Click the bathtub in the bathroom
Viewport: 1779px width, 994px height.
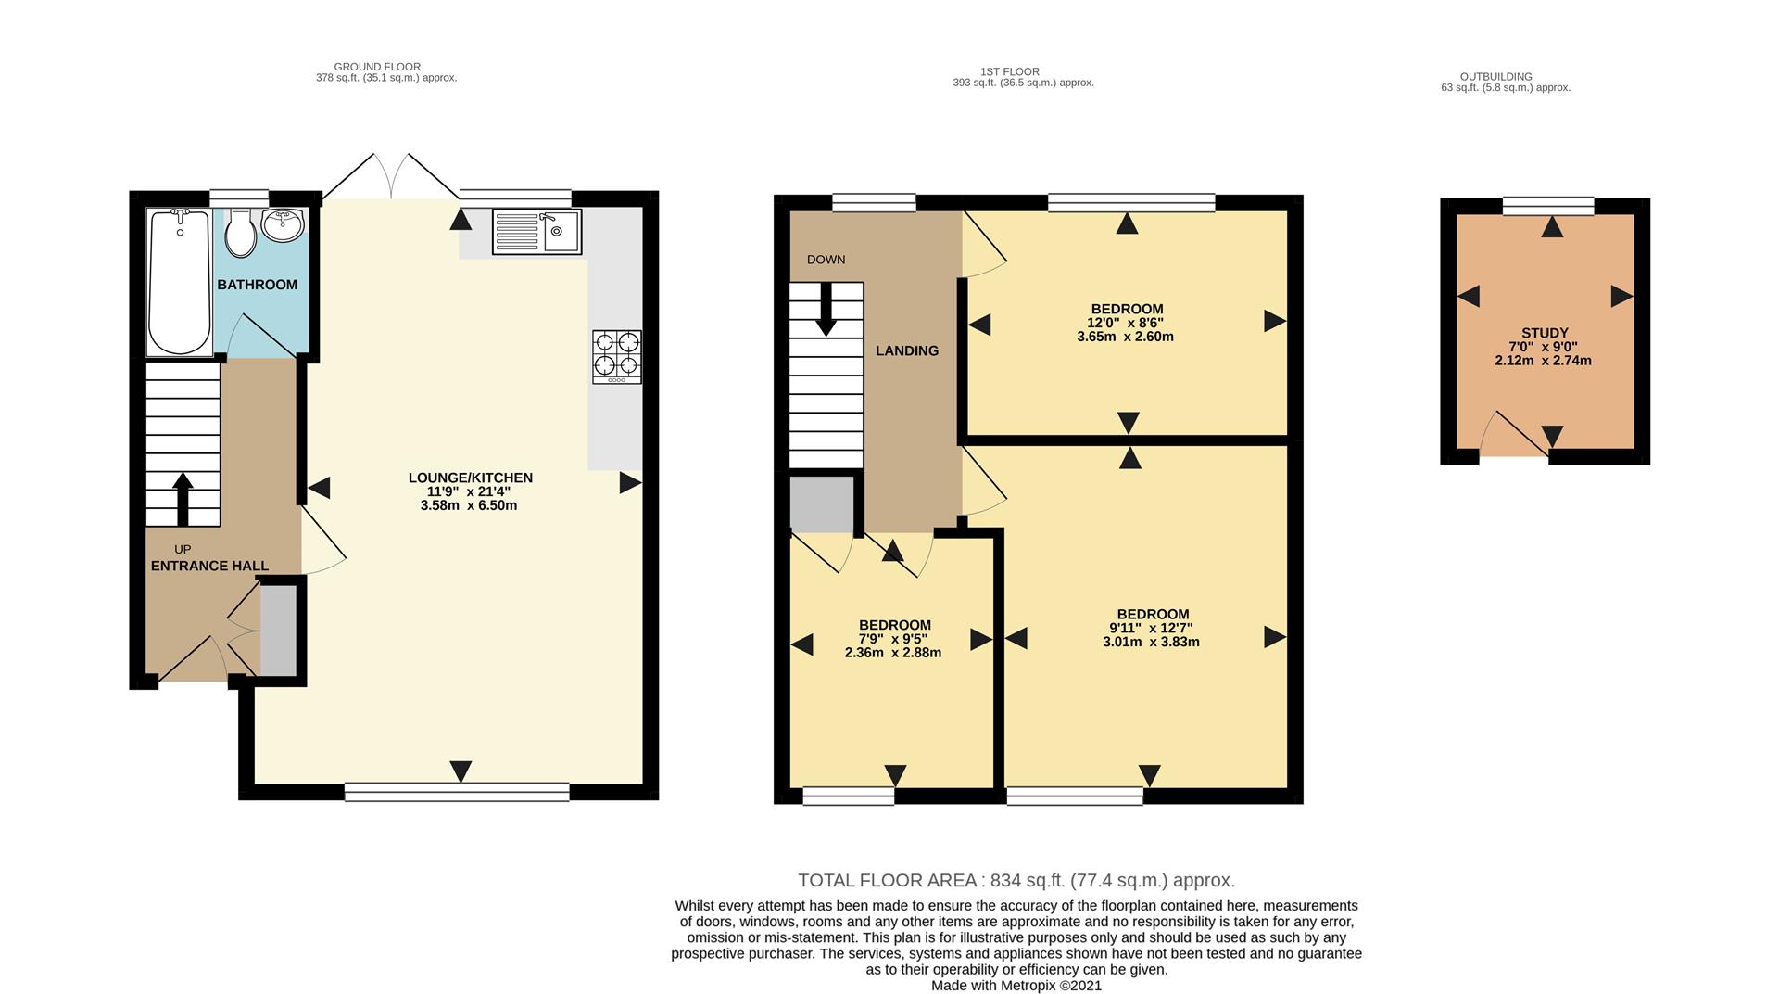click(180, 282)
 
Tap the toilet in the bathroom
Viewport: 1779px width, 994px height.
click(241, 233)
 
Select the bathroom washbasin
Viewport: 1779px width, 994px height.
click(283, 223)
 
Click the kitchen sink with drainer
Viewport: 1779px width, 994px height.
click(536, 232)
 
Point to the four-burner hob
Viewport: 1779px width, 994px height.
click(617, 357)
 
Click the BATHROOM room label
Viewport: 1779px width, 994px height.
click(258, 285)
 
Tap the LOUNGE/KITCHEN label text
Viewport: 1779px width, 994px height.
click(471, 478)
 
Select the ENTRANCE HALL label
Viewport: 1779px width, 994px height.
click(209, 566)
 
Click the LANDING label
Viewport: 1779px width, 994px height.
click(907, 350)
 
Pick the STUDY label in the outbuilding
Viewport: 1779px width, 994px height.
click(1546, 333)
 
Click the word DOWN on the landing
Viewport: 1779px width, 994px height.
click(826, 260)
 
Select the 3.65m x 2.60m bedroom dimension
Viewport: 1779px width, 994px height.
click(1126, 337)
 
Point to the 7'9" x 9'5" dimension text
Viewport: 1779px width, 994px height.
click(893, 639)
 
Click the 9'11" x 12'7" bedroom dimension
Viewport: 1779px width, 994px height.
click(1152, 628)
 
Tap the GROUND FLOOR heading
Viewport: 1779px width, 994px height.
click(377, 67)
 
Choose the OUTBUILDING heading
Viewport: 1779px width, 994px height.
click(1496, 77)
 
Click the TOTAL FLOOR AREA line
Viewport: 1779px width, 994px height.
click(1016, 881)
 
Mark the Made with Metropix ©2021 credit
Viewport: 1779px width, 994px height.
click(1016, 986)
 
